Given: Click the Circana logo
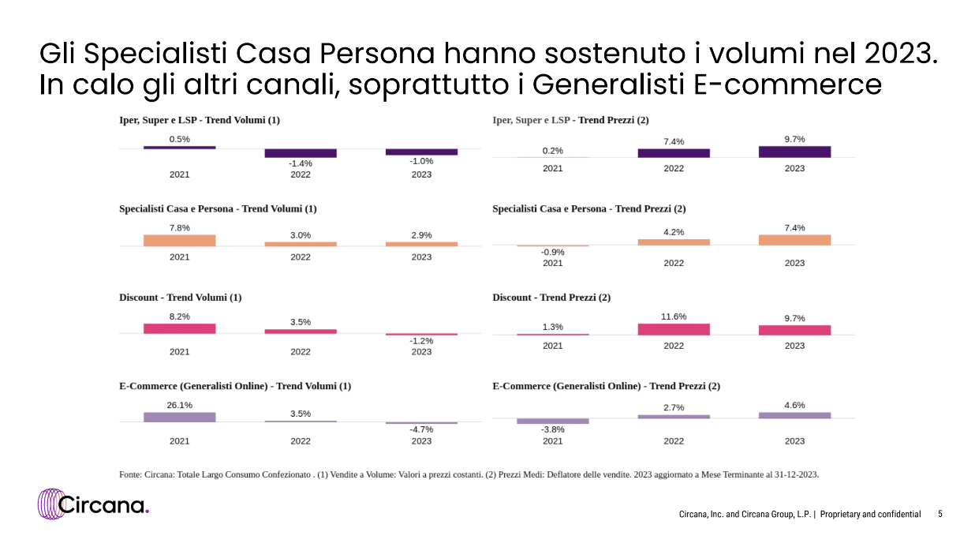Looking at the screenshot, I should pos(93,504).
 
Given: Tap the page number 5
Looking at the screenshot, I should pos(940,514).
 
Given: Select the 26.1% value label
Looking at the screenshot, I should pos(179,405).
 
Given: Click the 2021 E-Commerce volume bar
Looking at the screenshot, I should pos(179,417).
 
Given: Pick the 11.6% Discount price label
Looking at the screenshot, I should pos(673,317).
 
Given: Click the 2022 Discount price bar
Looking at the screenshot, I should pos(673,329).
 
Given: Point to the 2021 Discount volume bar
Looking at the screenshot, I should pos(179,328).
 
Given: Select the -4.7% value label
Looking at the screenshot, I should pos(421,429).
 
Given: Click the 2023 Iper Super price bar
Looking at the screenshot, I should pos(794,152).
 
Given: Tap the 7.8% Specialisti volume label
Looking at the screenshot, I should pos(179,227).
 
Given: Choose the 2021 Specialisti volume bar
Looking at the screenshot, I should pos(179,240).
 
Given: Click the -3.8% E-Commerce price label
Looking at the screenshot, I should pos(552,430).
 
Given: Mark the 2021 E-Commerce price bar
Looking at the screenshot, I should pos(552,421).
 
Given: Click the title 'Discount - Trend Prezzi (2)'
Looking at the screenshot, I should pos(551,298).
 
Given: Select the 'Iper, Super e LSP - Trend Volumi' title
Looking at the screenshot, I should pos(200,120).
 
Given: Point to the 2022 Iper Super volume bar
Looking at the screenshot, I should pos(301,152).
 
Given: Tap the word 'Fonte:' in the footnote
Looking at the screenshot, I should pos(131,474).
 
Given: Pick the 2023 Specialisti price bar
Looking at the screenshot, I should pos(794,239).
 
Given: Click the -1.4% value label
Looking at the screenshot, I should pos(301,163).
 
